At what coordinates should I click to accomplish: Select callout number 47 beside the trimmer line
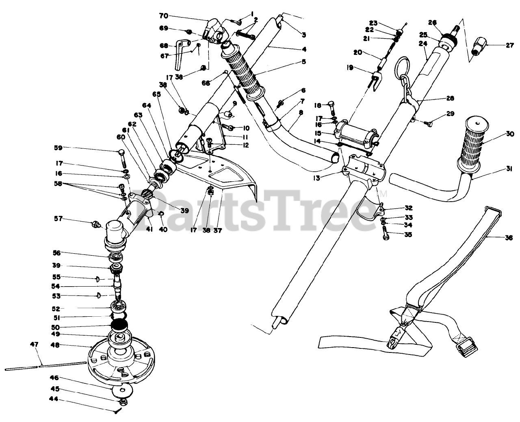34,344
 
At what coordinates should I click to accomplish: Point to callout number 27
510,46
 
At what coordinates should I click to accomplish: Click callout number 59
58,148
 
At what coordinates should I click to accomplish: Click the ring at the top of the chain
403,63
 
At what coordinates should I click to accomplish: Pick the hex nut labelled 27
481,47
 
